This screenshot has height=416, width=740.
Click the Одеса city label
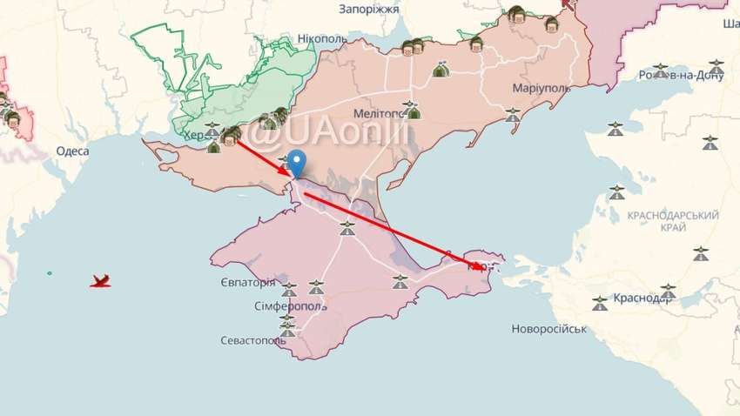[73, 151]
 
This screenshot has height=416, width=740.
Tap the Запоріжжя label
[369, 8]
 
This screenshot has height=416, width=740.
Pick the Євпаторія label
[247, 283]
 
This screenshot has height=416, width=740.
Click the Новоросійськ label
[549, 329]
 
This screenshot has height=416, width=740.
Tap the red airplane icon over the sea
[101, 280]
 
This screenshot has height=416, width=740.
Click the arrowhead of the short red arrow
[293, 173]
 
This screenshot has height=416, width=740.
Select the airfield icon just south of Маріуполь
[512, 113]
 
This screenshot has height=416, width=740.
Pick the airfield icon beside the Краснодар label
[668, 291]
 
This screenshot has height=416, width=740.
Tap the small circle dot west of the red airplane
[50, 274]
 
